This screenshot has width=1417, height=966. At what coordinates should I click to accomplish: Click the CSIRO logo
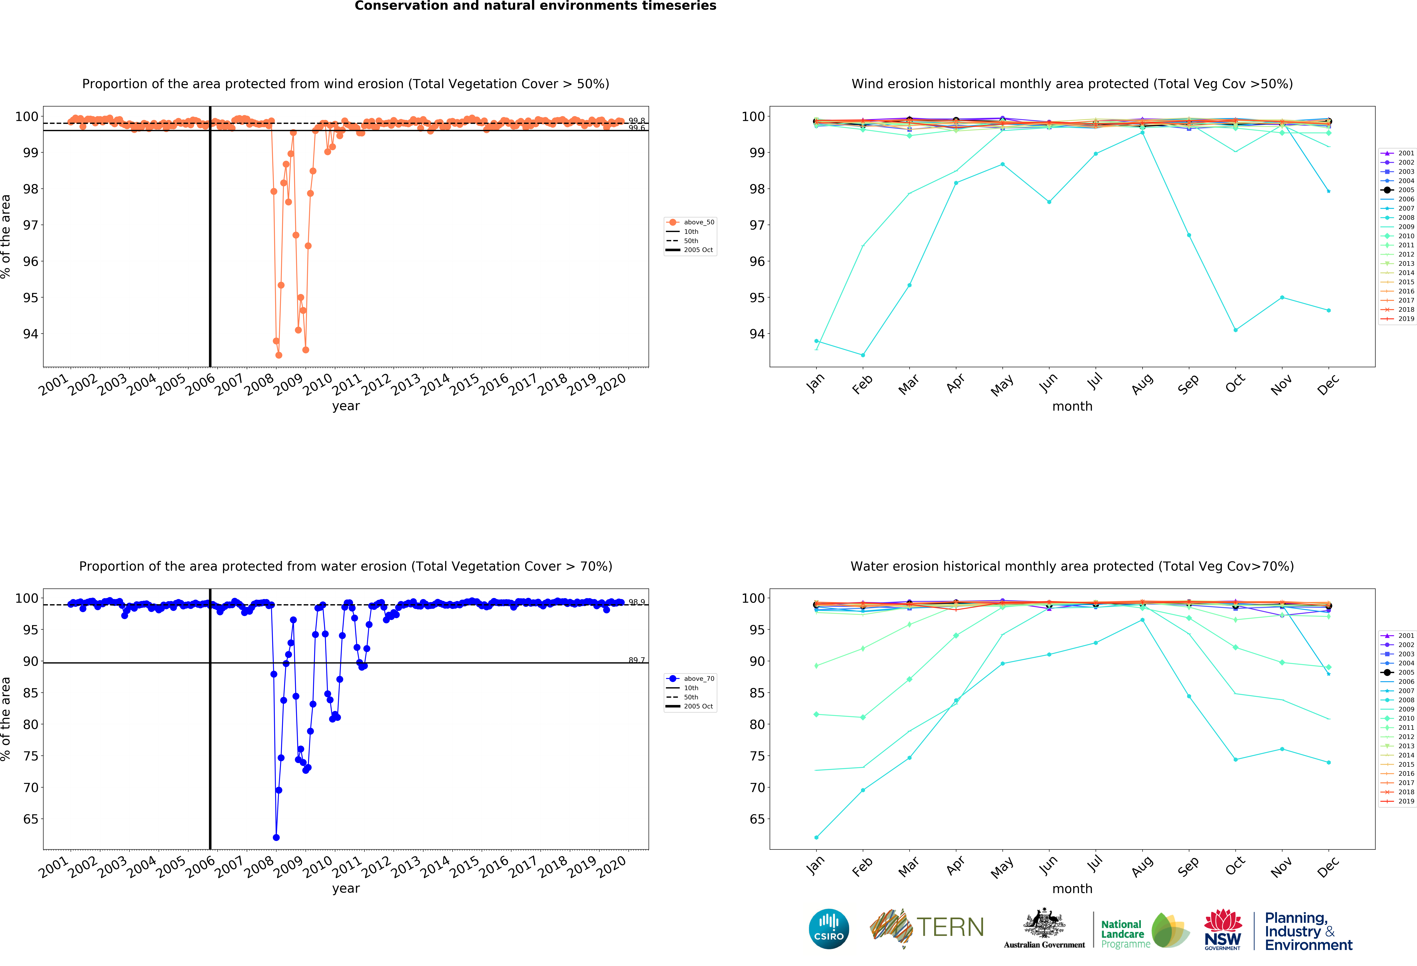tap(829, 929)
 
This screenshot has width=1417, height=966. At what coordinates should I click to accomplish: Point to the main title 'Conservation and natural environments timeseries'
tap(535, 6)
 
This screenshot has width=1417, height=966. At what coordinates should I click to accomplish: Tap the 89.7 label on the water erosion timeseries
tap(637, 660)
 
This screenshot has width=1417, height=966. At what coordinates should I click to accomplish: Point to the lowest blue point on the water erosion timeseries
tap(276, 837)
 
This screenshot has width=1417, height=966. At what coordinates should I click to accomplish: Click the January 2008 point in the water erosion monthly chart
tap(816, 837)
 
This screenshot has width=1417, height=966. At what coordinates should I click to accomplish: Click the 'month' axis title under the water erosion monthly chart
tap(1072, 889)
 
